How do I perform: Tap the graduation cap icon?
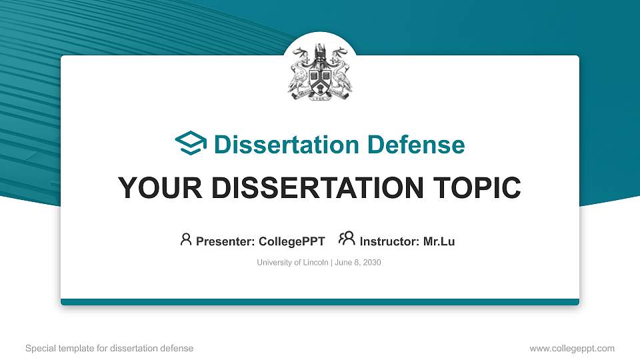pos(191,144)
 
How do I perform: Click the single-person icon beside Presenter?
pos(186,240)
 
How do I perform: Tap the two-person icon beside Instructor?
pos(347,239)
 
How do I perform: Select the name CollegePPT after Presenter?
pos(291,241)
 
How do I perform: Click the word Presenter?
pos(224,241)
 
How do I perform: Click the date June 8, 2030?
pos(357,263)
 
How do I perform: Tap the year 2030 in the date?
pos(371,263)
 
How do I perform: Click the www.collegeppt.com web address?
pos(571,348)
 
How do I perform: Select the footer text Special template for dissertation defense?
pos(109,348)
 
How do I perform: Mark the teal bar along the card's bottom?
pos(320,302)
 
